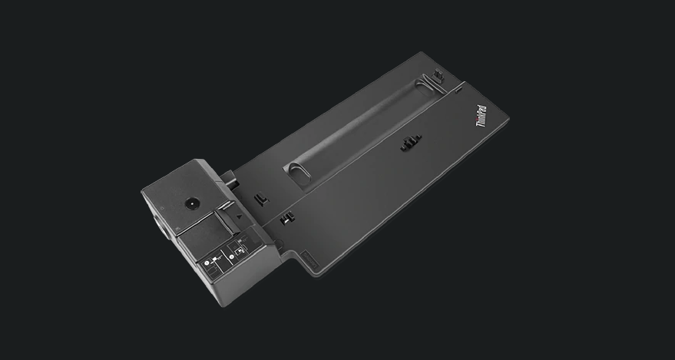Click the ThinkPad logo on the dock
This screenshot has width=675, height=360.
click(481, 116)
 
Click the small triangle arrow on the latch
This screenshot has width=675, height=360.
click(240, 217)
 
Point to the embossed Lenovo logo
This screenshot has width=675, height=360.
click(309, 259)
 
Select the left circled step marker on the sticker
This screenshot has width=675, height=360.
click(207, 263)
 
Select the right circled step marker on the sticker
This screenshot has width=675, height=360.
click(232, 257)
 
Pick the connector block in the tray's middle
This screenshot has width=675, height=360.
click(411, 142)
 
